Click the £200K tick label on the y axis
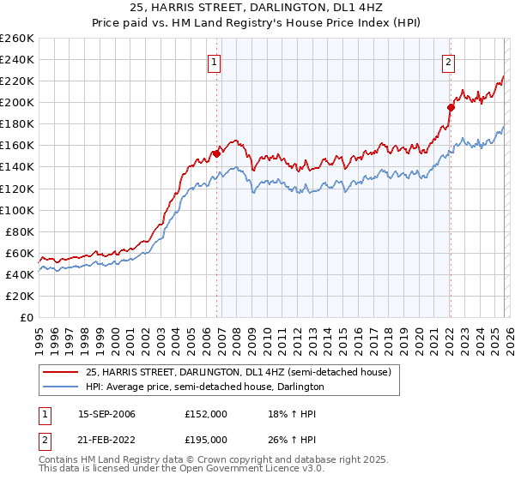click(x=17, y=102)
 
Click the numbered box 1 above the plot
click(x=214, y=62)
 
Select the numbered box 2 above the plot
click(x=448, y=62)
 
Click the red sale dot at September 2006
click(x=216, y=153)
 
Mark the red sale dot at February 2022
click(x=450, y=107)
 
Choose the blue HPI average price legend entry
click(x=204, y=387)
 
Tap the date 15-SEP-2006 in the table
click(x=106, y=414)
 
